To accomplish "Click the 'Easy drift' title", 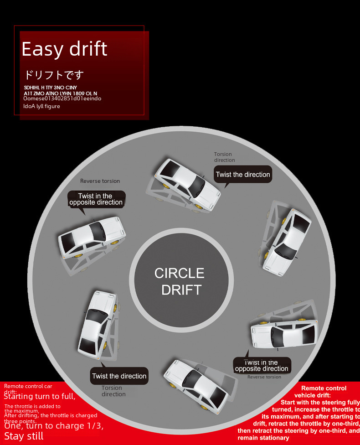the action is (x=64, y=49).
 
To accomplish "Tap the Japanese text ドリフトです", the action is (x=54, y=75).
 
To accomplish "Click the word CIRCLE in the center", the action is (x=180, y=273).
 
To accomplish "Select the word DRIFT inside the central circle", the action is (x=181, y=290).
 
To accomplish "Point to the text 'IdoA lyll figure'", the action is (x=41, y=106).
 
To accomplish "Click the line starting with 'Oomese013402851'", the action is (x=62, y=98).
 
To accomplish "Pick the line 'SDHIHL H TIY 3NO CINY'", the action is (x=51, y=87).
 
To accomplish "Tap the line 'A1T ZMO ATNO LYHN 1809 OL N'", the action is (x=60, y=93).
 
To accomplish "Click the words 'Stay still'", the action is (x=24, y=436).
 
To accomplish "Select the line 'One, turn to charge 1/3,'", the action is (x=54, y=426).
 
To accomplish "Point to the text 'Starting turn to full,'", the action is (x=40, y=396).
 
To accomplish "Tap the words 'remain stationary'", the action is (x=263, y=438).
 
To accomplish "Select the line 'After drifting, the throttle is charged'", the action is (x=51, y=415).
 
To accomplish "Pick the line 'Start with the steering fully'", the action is (x=320, y=403).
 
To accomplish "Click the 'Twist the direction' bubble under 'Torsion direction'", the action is (x=243, y=174).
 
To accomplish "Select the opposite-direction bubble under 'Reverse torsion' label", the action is (x=96, y=199).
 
